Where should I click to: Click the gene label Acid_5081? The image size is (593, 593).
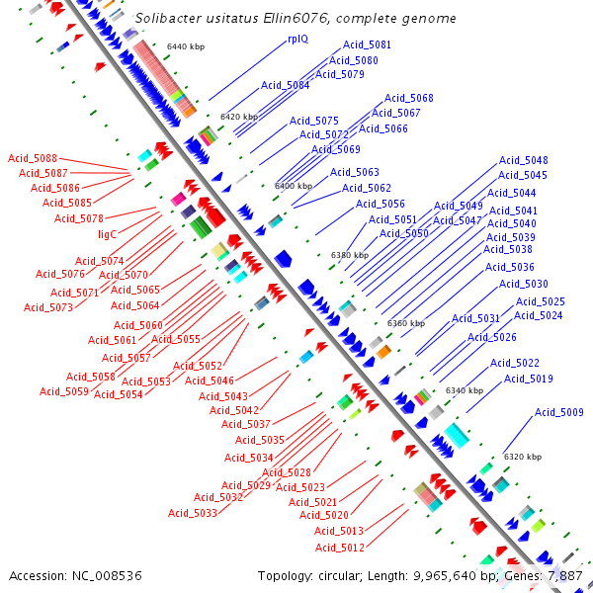[367, 45]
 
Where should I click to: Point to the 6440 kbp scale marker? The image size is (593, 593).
[185, 46]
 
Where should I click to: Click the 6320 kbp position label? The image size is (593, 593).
[522, 457]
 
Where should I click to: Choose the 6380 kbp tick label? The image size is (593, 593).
[350, 255]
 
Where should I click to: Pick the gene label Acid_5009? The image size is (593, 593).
[558, 412]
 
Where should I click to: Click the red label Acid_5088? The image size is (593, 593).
[33, 158]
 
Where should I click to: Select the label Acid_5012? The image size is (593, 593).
[340, 548]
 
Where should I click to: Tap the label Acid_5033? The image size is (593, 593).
[192, 513]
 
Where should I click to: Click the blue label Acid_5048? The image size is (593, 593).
[523, 160]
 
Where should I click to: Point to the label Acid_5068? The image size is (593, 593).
[409, 98]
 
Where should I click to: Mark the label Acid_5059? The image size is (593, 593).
[64, 391]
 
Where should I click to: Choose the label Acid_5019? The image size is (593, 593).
[529, 379]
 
